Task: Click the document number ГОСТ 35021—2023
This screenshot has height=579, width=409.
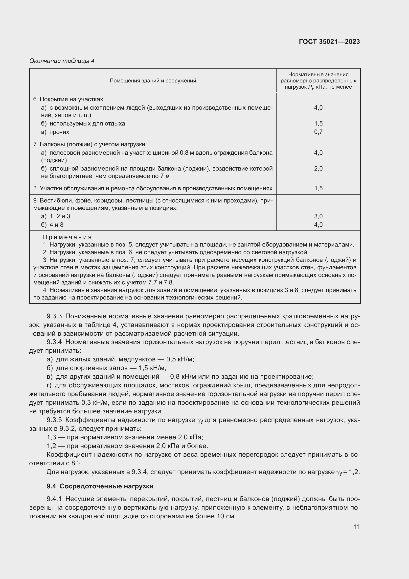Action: pos(329,42)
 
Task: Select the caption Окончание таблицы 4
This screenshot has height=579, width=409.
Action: pos(62,61)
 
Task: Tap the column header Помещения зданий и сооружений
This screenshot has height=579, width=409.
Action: pos(153,81)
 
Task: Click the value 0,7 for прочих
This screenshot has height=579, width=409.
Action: pos(318,132)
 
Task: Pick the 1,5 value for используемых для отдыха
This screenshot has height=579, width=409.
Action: pos(318,124)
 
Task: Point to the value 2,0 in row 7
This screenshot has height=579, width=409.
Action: pos(318,169)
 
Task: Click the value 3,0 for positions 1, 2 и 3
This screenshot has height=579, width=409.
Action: pos(318,216)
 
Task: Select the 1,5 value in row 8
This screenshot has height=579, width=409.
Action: pos(318,188)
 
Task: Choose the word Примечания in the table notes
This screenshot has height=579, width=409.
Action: pos(67,237)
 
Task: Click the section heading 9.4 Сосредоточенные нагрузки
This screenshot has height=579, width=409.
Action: pos(100,486)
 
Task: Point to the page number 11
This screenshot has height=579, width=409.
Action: pos(357,527)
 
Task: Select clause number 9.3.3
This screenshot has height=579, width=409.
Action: pos(54,316)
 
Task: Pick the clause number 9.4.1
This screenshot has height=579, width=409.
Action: pos(54,499)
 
